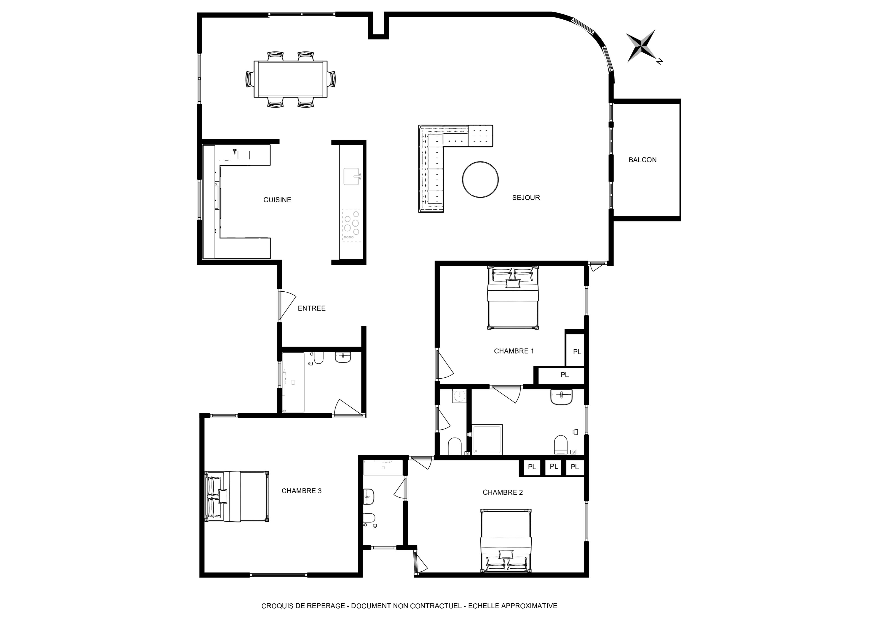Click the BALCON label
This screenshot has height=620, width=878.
642,160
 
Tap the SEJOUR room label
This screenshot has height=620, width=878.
526,198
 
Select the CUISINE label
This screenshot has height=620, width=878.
277,200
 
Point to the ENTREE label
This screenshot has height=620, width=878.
312,308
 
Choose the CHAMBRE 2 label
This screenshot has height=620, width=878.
503,492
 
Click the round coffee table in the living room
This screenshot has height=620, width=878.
480,179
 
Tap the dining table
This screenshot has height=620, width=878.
291,79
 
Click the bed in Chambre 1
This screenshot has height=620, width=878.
513,298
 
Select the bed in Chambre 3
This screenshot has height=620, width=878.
237,496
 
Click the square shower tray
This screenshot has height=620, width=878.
487,439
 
